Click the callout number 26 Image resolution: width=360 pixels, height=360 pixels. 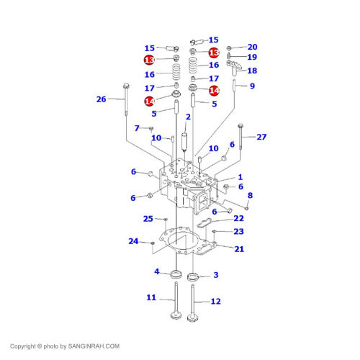click(101, 99)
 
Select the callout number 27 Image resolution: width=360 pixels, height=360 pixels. click(261, 137)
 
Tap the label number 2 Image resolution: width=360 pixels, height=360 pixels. click(188, 117)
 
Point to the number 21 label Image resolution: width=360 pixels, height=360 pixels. click(239, 249)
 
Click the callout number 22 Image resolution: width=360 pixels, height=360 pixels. click(238, 218)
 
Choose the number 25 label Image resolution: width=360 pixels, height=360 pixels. click(148, 219)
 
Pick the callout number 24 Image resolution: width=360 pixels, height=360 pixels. click(133, 241)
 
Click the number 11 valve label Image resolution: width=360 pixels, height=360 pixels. click(151, 297)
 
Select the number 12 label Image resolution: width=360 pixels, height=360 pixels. click(215, 301)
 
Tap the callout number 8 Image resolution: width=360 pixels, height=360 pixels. click(250, 195)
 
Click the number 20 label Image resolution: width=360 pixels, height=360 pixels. click(253, 47)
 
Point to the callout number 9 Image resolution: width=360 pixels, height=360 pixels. click(252, 86)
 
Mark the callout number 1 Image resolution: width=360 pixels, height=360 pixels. click(240, 177)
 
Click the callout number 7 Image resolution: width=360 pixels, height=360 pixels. click(137, 128)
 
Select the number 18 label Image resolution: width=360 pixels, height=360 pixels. click(252, 71)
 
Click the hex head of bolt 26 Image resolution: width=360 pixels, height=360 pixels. click(126, 86)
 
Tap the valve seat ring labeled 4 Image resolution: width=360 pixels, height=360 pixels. click(176, 274)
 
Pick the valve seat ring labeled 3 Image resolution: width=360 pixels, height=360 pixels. click(193, 277)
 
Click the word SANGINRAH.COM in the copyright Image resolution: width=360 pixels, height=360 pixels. click(94, 346)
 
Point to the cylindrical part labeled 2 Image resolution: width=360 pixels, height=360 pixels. click(184, 142)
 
